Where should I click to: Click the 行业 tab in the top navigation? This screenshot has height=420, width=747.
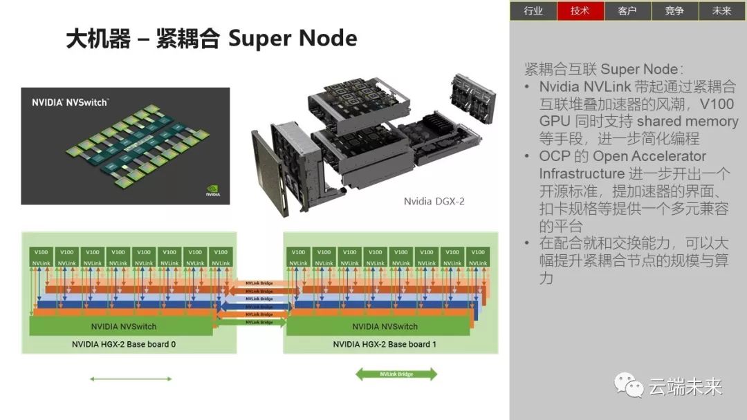[533, 10]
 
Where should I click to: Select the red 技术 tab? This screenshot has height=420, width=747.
[580, 10]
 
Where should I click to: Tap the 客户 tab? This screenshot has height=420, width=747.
[627, 10]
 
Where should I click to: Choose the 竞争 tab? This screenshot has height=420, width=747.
[674, 10]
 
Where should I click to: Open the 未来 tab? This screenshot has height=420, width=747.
[721, 10]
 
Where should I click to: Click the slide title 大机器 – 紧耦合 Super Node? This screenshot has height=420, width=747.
[211, 39]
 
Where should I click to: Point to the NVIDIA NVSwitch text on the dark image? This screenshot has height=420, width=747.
[70, 102]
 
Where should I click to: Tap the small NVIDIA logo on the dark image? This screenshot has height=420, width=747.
[213, 191]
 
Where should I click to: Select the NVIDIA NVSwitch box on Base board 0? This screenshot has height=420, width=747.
[124, 326]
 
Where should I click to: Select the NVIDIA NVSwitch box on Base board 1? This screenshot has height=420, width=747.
[385, 326]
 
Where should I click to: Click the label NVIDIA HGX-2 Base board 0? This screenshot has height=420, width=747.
[124, 344]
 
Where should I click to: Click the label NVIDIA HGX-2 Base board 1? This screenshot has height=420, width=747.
[385, 344]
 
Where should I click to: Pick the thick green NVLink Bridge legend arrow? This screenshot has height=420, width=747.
[396, 374]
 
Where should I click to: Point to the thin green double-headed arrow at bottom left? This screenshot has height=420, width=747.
[131, 379]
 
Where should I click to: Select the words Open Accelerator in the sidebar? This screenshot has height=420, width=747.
[649, 156]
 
